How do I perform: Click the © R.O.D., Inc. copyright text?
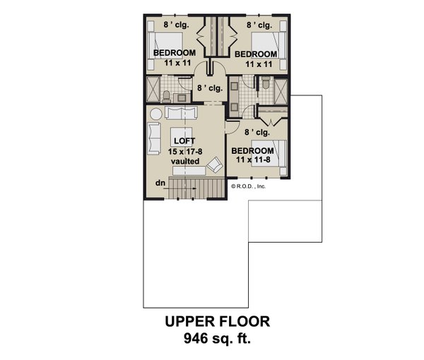coord(248,186)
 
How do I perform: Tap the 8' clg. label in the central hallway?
coord(210,89)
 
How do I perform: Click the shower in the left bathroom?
coord(152,90)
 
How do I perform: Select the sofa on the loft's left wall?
coord(153,138)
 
